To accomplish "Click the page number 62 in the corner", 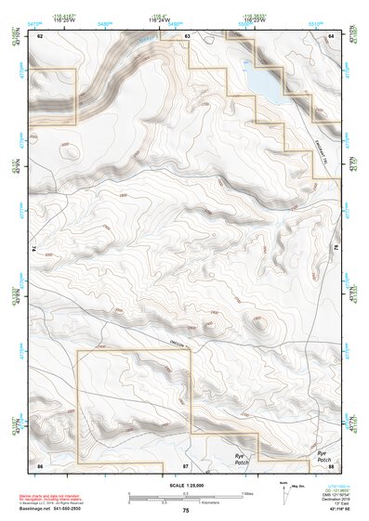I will coord(40,34).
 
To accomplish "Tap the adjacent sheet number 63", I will coord(187,34).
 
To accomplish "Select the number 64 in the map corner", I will coord(331,34).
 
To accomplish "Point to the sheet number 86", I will coord(40,463).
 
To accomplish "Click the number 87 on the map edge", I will coord(186,463).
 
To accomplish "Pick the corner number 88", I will coord(331,463).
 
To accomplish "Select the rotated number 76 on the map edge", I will coord(336,249).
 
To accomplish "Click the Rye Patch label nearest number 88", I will coord(322,457).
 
